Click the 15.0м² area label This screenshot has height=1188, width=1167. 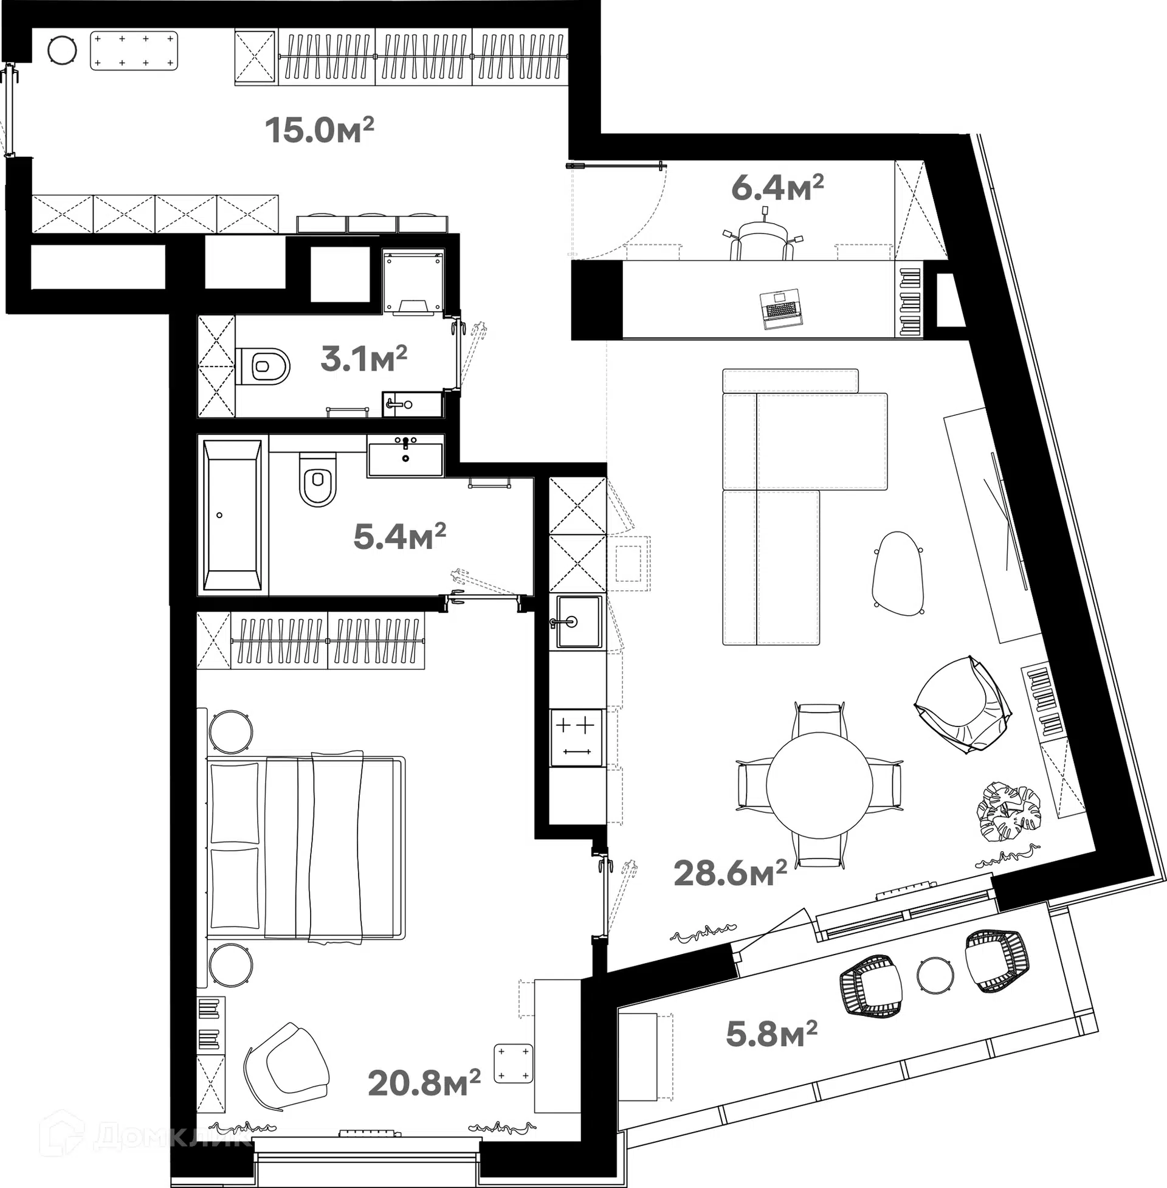318,130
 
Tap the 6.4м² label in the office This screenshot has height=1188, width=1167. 777,188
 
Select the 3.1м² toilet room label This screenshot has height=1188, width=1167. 363,359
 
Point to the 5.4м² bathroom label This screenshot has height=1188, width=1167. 399,536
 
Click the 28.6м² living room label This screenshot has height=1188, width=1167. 729,873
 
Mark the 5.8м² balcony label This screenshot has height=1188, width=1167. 771,1034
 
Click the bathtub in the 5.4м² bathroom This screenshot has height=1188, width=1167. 232,515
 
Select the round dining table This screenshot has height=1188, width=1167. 819,786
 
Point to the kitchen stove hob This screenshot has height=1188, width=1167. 576,737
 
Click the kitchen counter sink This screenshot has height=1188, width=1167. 577,621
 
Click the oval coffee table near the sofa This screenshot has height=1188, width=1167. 897,573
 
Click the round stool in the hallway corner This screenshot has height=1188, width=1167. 61,50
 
